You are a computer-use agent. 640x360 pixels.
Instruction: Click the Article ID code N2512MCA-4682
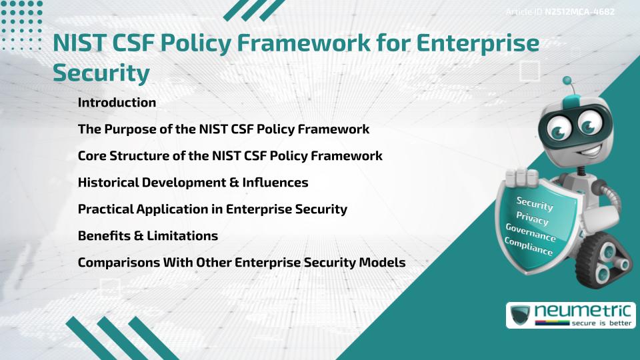tap(579, 11)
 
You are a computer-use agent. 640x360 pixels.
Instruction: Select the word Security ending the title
tap(101, 72)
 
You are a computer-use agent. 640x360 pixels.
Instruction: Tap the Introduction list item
tap(117, 103)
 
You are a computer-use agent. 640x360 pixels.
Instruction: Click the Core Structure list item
tap(230, 156)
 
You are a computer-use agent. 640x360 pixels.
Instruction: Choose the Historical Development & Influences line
tap(193, 182)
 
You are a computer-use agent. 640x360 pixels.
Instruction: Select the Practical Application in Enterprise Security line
tap(212, 209)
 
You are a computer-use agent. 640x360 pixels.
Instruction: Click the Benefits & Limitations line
tap(147, 235)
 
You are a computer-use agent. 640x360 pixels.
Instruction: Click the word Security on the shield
tap(535, 204)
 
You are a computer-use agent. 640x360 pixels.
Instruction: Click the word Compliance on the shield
tap(528, 247)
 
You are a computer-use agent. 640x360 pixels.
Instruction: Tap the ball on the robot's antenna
tap(567, 81)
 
